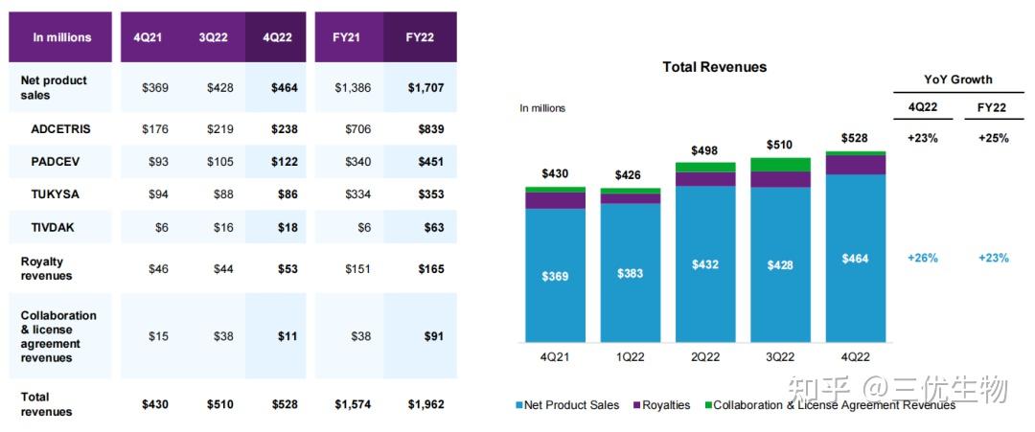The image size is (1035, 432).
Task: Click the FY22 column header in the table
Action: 419,37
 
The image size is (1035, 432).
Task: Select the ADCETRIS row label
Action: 59,128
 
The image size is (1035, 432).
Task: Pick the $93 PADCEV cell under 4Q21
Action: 154,161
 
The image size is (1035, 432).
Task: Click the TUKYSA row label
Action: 56,194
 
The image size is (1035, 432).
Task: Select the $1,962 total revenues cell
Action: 425,404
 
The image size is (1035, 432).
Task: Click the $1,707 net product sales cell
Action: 425,88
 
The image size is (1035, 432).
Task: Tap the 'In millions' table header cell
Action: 62,37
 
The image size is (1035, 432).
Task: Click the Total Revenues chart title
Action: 714,67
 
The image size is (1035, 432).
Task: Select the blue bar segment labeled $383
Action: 631,273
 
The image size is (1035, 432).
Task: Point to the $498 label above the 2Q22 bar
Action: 705,150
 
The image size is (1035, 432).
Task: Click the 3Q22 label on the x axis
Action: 780,356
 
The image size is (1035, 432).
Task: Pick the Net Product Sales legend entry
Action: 569,405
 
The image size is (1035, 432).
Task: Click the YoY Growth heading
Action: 957,80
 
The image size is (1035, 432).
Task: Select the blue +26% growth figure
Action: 922,258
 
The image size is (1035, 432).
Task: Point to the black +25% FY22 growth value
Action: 993,138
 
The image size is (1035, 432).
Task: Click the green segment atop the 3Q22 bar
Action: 780,165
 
